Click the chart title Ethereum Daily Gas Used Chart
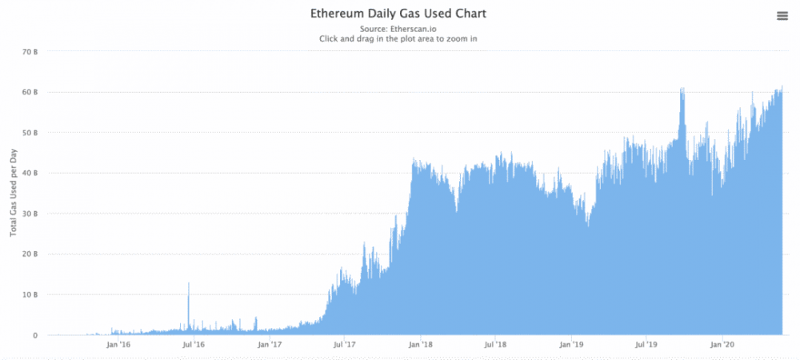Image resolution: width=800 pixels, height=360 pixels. point(398,14)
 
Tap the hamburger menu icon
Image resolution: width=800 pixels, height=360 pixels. point(782,16)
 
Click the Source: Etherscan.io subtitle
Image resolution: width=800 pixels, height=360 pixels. point(398,29)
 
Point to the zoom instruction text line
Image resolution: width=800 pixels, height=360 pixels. point(398,38)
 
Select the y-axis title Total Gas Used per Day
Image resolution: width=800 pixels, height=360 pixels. point(14,194)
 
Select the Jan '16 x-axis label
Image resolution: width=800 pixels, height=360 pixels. point(118,345)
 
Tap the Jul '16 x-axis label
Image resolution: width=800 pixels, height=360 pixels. point(193,345)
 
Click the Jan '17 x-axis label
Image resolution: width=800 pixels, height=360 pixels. point(270,345)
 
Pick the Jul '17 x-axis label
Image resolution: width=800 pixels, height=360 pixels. point(344,345)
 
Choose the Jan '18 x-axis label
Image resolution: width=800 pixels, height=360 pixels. point(421,345)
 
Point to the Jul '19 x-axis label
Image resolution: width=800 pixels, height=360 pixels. point(646,345)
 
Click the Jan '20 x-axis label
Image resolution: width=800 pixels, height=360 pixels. point(723,345)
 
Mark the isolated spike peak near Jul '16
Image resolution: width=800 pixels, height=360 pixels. point(189,283)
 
